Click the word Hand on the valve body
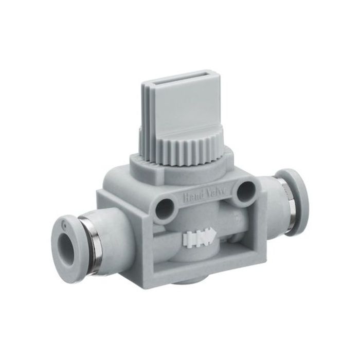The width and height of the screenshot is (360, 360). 193,195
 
